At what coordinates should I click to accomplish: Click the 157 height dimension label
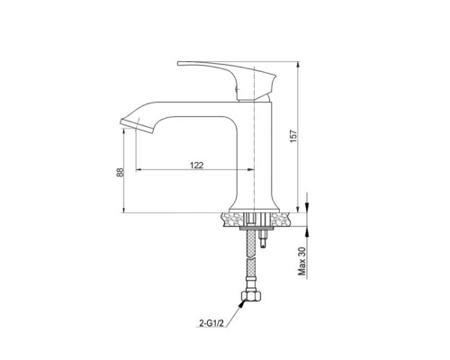point(294,136)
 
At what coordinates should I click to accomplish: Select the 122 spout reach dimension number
point(197,165)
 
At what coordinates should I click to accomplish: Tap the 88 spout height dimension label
point(120,173)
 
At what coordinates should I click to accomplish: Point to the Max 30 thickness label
point(301,261)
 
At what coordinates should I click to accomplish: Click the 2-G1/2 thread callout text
point(211,323)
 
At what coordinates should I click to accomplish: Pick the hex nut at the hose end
point(251,295)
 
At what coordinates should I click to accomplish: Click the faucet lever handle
point(227,79)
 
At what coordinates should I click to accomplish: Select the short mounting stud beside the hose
point(263,239)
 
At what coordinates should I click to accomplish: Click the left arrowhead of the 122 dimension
point(139,170)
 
